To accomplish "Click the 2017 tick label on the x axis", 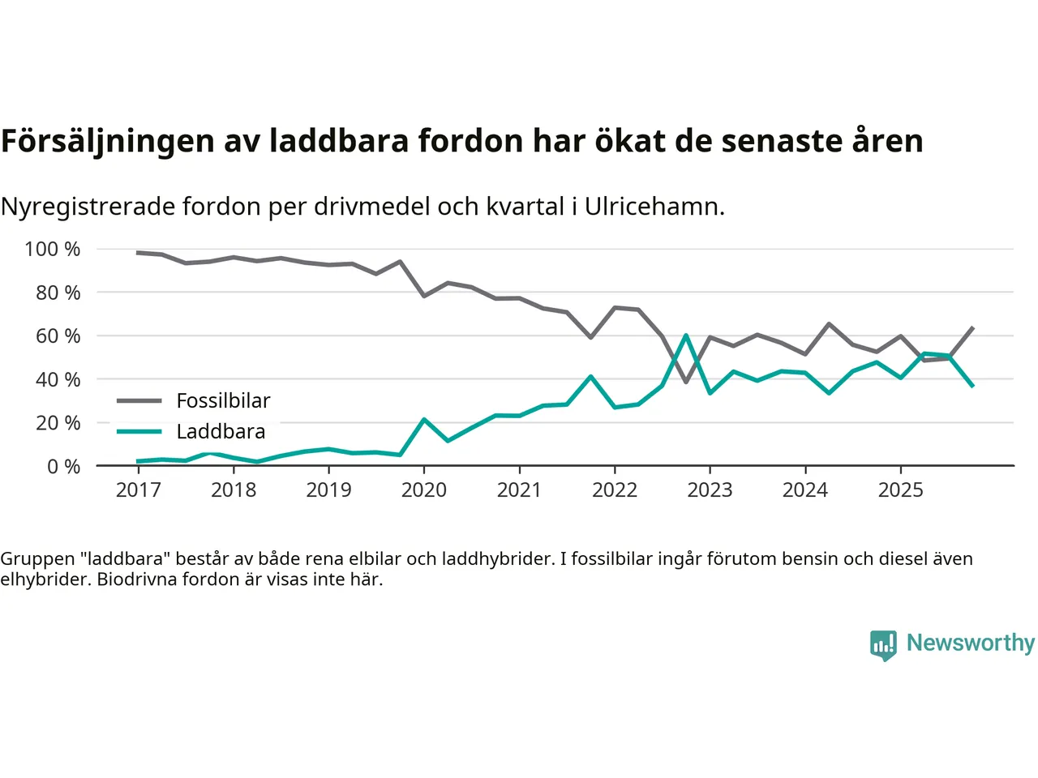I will coord(138,490).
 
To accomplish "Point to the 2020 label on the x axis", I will coord(423,490).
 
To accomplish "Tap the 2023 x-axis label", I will coord(710,490).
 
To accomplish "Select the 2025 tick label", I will coord(900,490).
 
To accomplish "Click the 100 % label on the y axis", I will coord(53,250).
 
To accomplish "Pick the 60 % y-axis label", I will coord(58,336).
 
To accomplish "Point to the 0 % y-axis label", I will coord(63,467).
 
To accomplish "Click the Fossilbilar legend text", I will coord(223,401).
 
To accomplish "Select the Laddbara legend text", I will coord(221,432).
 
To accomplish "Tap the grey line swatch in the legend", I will coord(139,400).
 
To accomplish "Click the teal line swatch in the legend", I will coord(139,431).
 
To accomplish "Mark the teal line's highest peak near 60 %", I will coord(686,335).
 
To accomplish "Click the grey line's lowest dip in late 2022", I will coord(686,382).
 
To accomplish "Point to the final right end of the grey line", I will coord(972,327).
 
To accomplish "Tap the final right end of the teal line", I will coord(972,386).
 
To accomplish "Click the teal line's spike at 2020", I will coord(423,419).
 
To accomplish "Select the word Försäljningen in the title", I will coord(108,141).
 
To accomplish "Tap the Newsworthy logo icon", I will coord(883,645).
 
